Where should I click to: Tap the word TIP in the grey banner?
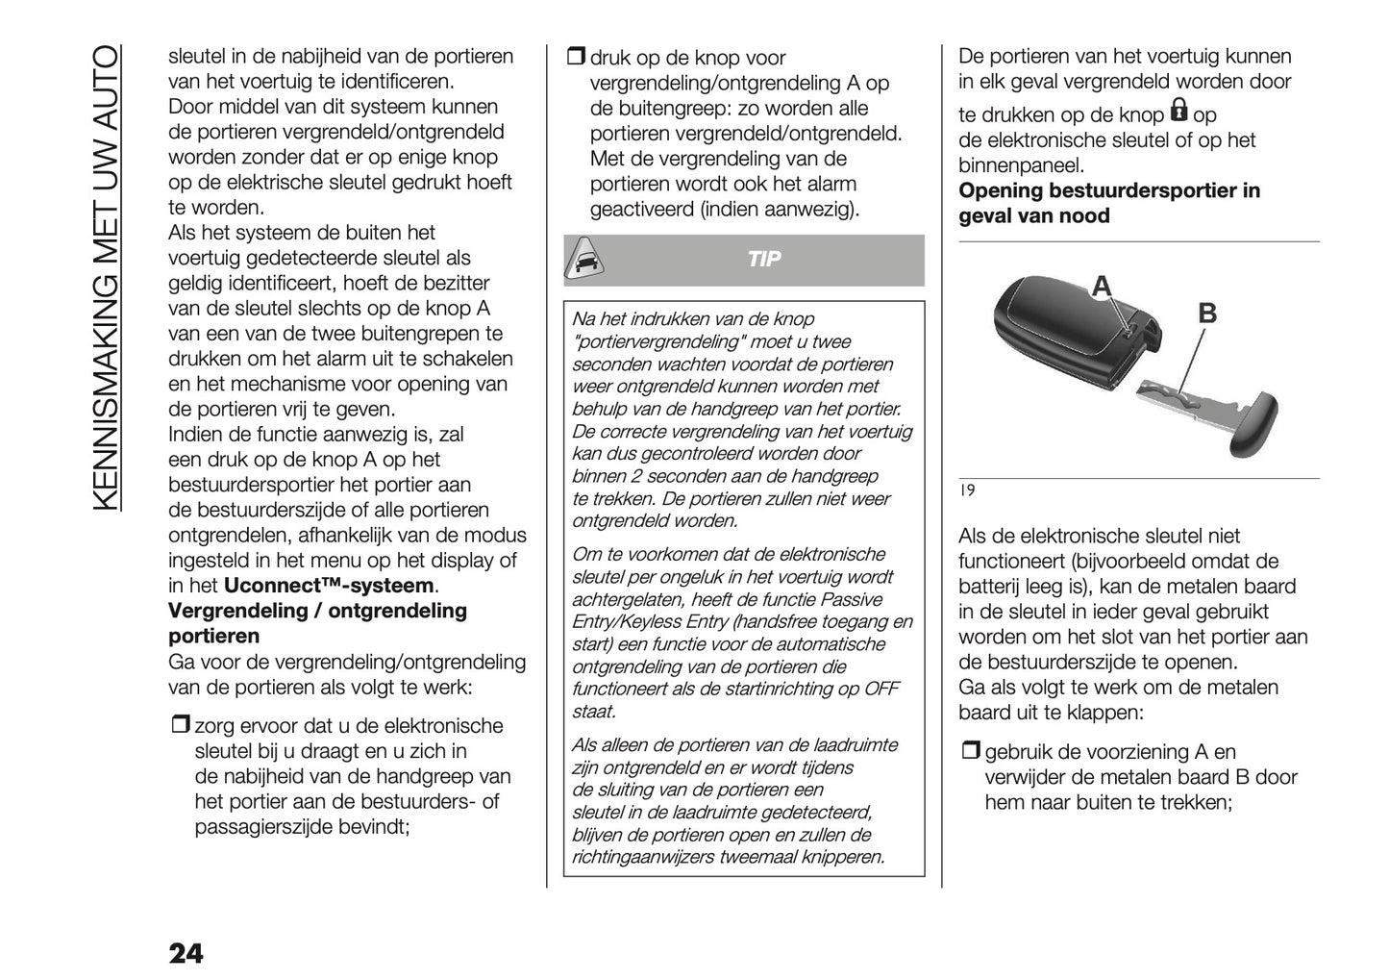(764, 260)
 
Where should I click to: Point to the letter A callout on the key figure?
(1102, 286)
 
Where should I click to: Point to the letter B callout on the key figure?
(1207, 314)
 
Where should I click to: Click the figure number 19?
(967, 491)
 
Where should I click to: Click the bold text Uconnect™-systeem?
(329, 586)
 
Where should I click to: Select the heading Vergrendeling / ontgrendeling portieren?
(317, 623)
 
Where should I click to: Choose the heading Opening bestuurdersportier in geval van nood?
(1109, 203)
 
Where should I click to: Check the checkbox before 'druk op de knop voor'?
(574, 58)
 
